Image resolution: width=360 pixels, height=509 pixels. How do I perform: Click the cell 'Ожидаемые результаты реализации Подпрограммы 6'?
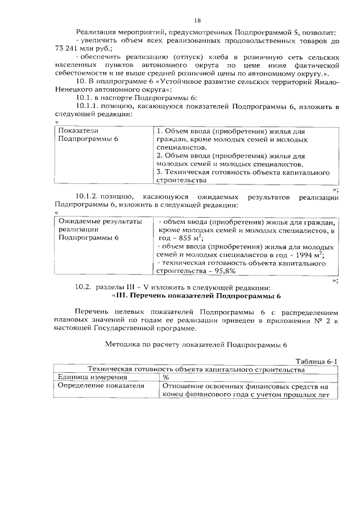click(93, 229)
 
